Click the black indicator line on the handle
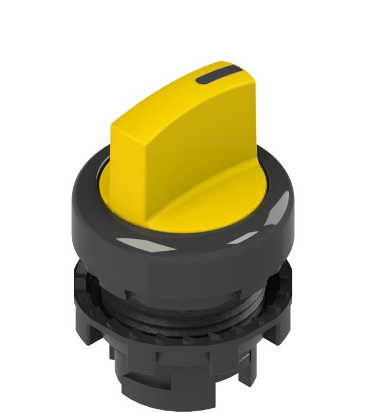(216, 76)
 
